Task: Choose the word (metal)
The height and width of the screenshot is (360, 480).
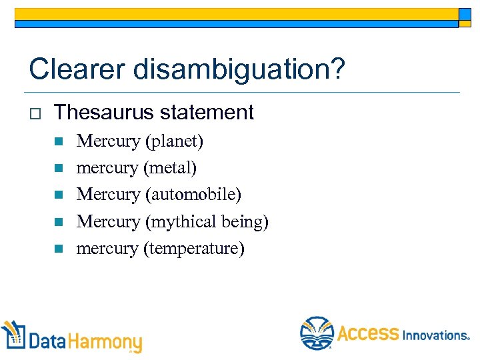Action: [x=170, y=168]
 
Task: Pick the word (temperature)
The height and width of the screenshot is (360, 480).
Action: [x=194, y=249]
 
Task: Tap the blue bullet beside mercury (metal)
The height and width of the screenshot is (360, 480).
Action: [x=58, y=169]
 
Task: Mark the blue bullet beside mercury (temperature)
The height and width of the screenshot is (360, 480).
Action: [x=58, y=249]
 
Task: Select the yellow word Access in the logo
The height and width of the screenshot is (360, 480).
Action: [x=368, y=333]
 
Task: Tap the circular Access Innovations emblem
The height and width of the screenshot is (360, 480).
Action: [x=316, y=333]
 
